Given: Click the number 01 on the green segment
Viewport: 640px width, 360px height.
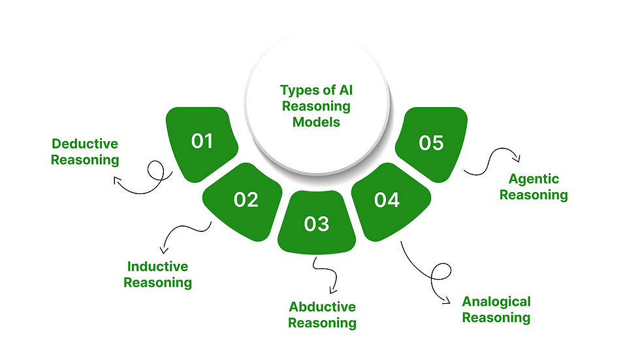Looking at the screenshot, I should click(202, 141).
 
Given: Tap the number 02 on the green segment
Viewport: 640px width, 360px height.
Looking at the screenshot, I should click(246, 199).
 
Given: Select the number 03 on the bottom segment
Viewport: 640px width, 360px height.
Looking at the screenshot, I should click(317, 224).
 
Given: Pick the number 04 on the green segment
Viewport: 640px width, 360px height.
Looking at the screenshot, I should click(387, 199).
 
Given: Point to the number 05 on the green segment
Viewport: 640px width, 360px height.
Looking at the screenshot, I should click(431, 142).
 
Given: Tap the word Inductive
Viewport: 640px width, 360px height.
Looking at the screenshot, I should click(157, 267).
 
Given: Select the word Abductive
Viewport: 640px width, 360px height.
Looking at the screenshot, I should click(322, 307).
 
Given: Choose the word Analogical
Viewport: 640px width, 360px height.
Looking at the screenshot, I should click(496, 302).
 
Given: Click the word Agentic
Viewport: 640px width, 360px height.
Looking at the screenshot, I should click(534, 179).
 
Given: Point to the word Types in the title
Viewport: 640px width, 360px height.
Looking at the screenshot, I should click(298, 90).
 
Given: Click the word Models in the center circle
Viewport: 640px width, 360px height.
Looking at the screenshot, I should click(316, 122).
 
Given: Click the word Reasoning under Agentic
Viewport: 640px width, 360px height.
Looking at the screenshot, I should click(534, 195).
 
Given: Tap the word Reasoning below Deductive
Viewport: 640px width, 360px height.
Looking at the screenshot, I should click(85, 160).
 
